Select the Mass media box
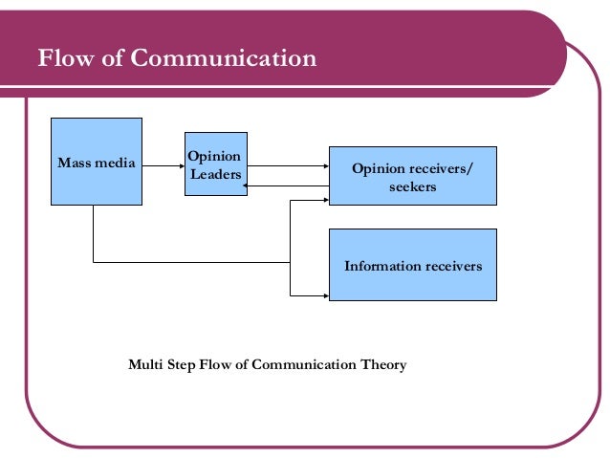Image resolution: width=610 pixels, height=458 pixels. coord(96,161)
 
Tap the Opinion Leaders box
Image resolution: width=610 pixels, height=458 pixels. coord(215,164)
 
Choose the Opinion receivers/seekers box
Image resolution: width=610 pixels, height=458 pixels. coord(412,175)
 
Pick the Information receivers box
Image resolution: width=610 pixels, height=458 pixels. coord(412,265)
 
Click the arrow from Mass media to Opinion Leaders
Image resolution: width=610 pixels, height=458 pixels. coord(163,164)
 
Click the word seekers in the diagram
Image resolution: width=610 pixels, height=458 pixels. coord(413,186)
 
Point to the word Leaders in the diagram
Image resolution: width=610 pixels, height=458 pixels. coord(215,174)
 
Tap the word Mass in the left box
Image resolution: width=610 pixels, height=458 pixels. coord(74,164)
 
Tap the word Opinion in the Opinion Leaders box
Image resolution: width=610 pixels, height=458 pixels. coord(215,156)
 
